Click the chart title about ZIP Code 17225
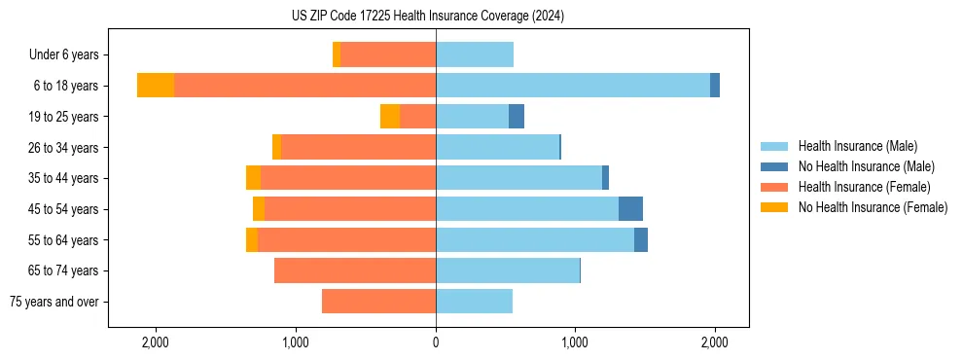pos(427,17)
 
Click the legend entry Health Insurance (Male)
pos(857,146)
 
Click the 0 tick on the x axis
pos(436,342)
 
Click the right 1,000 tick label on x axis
pos(575,342)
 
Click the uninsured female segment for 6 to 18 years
pos(156,86)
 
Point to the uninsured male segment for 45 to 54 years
pos(630,209)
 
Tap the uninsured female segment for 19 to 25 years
pos(390,117)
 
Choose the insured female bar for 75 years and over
pos(378,302)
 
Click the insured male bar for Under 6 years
pos(475,55)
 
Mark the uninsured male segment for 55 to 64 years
pos(641,240)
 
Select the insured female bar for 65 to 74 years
pos(355,270)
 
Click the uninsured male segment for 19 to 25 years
pos(517,117)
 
